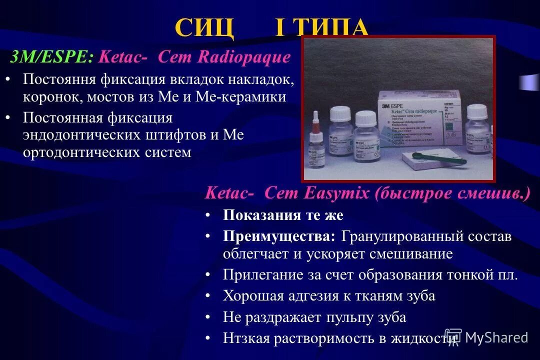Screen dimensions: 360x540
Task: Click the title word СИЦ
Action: coord(204,28)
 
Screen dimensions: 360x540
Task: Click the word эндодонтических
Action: coord(79,135)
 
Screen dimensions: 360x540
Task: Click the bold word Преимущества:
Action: coord(279,236)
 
